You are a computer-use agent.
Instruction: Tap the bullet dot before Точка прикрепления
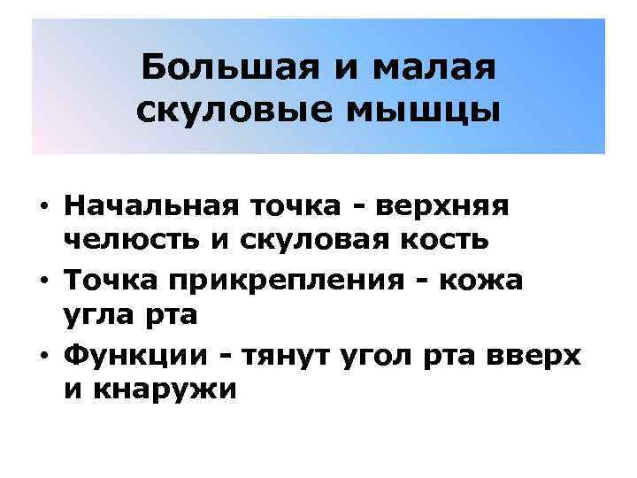click(x=43, y=281)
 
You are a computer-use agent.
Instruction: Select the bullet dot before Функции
click(x=43, y=356)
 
